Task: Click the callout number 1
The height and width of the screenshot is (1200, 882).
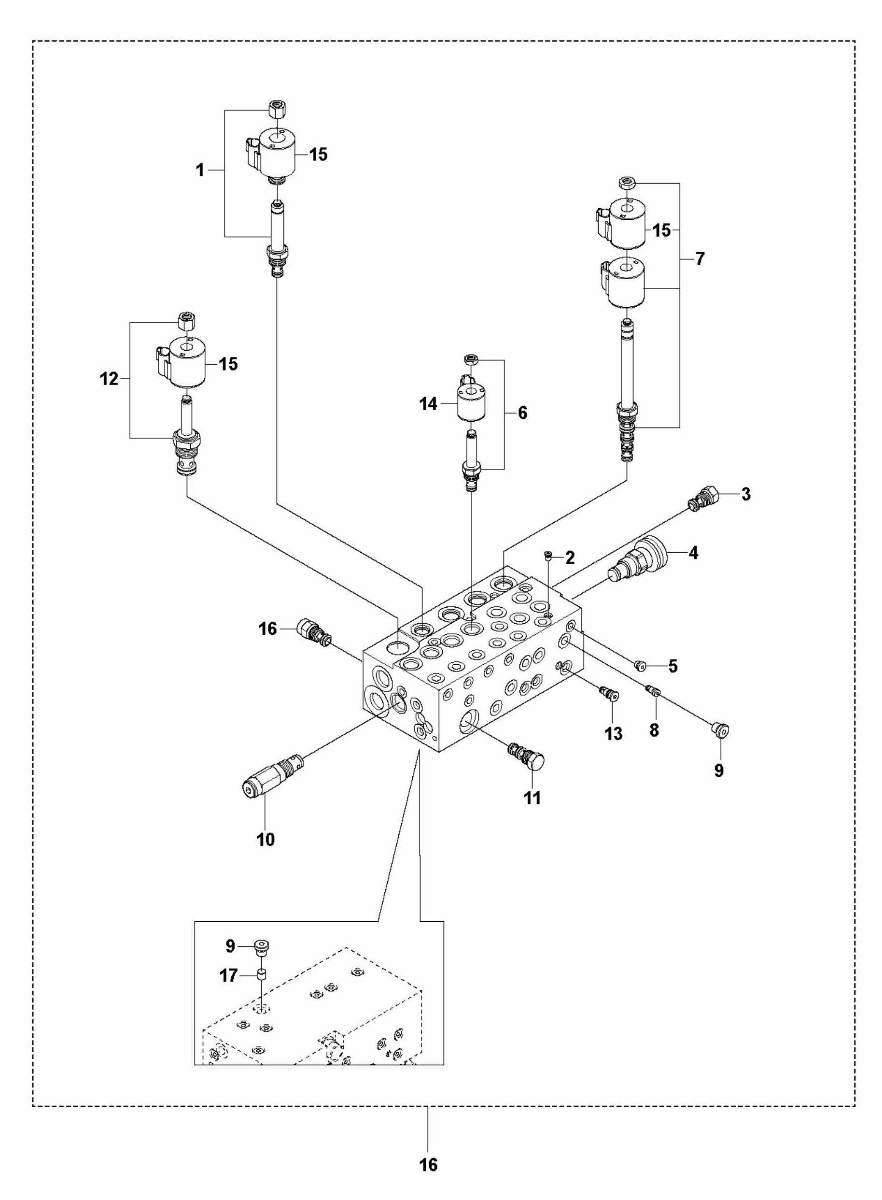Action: coord(200,171)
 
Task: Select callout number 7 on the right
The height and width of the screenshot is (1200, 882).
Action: coord(700,259)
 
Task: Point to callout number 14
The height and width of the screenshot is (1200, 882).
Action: coord(428,404)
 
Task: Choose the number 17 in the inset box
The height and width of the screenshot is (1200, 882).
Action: coord(228,976)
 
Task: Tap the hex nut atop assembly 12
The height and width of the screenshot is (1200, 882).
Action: coord(185,322)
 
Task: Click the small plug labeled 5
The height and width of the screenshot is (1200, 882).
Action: coord(640,665)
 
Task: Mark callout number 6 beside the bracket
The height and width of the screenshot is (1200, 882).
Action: coord(522,413)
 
